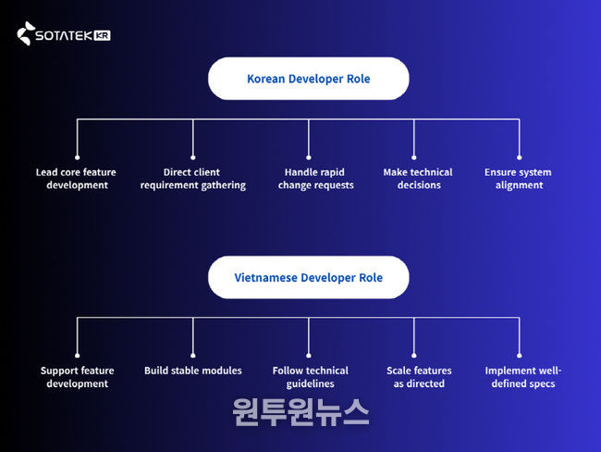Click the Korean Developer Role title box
pyautogui.click(x=308, y=79)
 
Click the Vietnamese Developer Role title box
pyautogui.click(x=308, y=277)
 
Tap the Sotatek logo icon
pyautogui.click(x=25, y=35)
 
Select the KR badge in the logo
pyautogui.click(x=102, y=35)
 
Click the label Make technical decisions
pyautogui.click(x=418, y=179)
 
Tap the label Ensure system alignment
pyautogui.click(x=518, y=179)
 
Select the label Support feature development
pyautogui.click(x=77, y=377)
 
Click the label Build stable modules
pyautogui.click(x=192, y=370)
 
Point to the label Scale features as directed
pyautogui.click(x=419, y=377)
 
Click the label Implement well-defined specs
pyautogui.click(x=523, y=377)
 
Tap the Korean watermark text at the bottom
pyautogui.click(x=300, y=410)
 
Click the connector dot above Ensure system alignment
pyautogui.click(x=519, y=157)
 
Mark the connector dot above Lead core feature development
pyautogui.click(x=77, y=157)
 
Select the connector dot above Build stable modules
pyautogui.click(x=193, y=355)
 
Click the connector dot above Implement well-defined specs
pyautogui.click(x=519, y=355)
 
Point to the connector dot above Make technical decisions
pyautogui.click(x=413, y=157)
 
